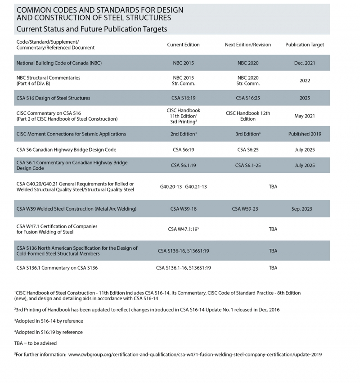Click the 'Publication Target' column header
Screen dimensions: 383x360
coord(305,45)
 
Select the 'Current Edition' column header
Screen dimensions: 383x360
coord(183,45)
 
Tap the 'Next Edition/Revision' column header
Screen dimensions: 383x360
coord(248,45)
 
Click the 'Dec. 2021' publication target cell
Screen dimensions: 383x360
coord(305,63)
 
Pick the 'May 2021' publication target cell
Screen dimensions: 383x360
coord(305,116)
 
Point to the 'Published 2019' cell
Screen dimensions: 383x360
coord(305,134)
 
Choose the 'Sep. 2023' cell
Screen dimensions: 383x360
coord(305,209)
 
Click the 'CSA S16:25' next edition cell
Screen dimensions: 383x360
coord(248,98)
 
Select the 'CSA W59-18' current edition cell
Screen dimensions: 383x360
coord(183,209)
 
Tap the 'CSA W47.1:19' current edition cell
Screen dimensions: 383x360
coord(183,229)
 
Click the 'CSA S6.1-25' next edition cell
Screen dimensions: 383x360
coord(248,166)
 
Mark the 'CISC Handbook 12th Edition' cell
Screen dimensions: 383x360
coord(248,116)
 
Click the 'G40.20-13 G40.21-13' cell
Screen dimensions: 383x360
coord(183,187)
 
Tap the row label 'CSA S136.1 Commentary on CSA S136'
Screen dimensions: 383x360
coord(57,268)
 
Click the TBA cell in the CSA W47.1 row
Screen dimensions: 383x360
coord(273,229)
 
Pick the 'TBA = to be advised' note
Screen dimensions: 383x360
coord(36,343)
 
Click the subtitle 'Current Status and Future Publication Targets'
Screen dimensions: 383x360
coord(92,29)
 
